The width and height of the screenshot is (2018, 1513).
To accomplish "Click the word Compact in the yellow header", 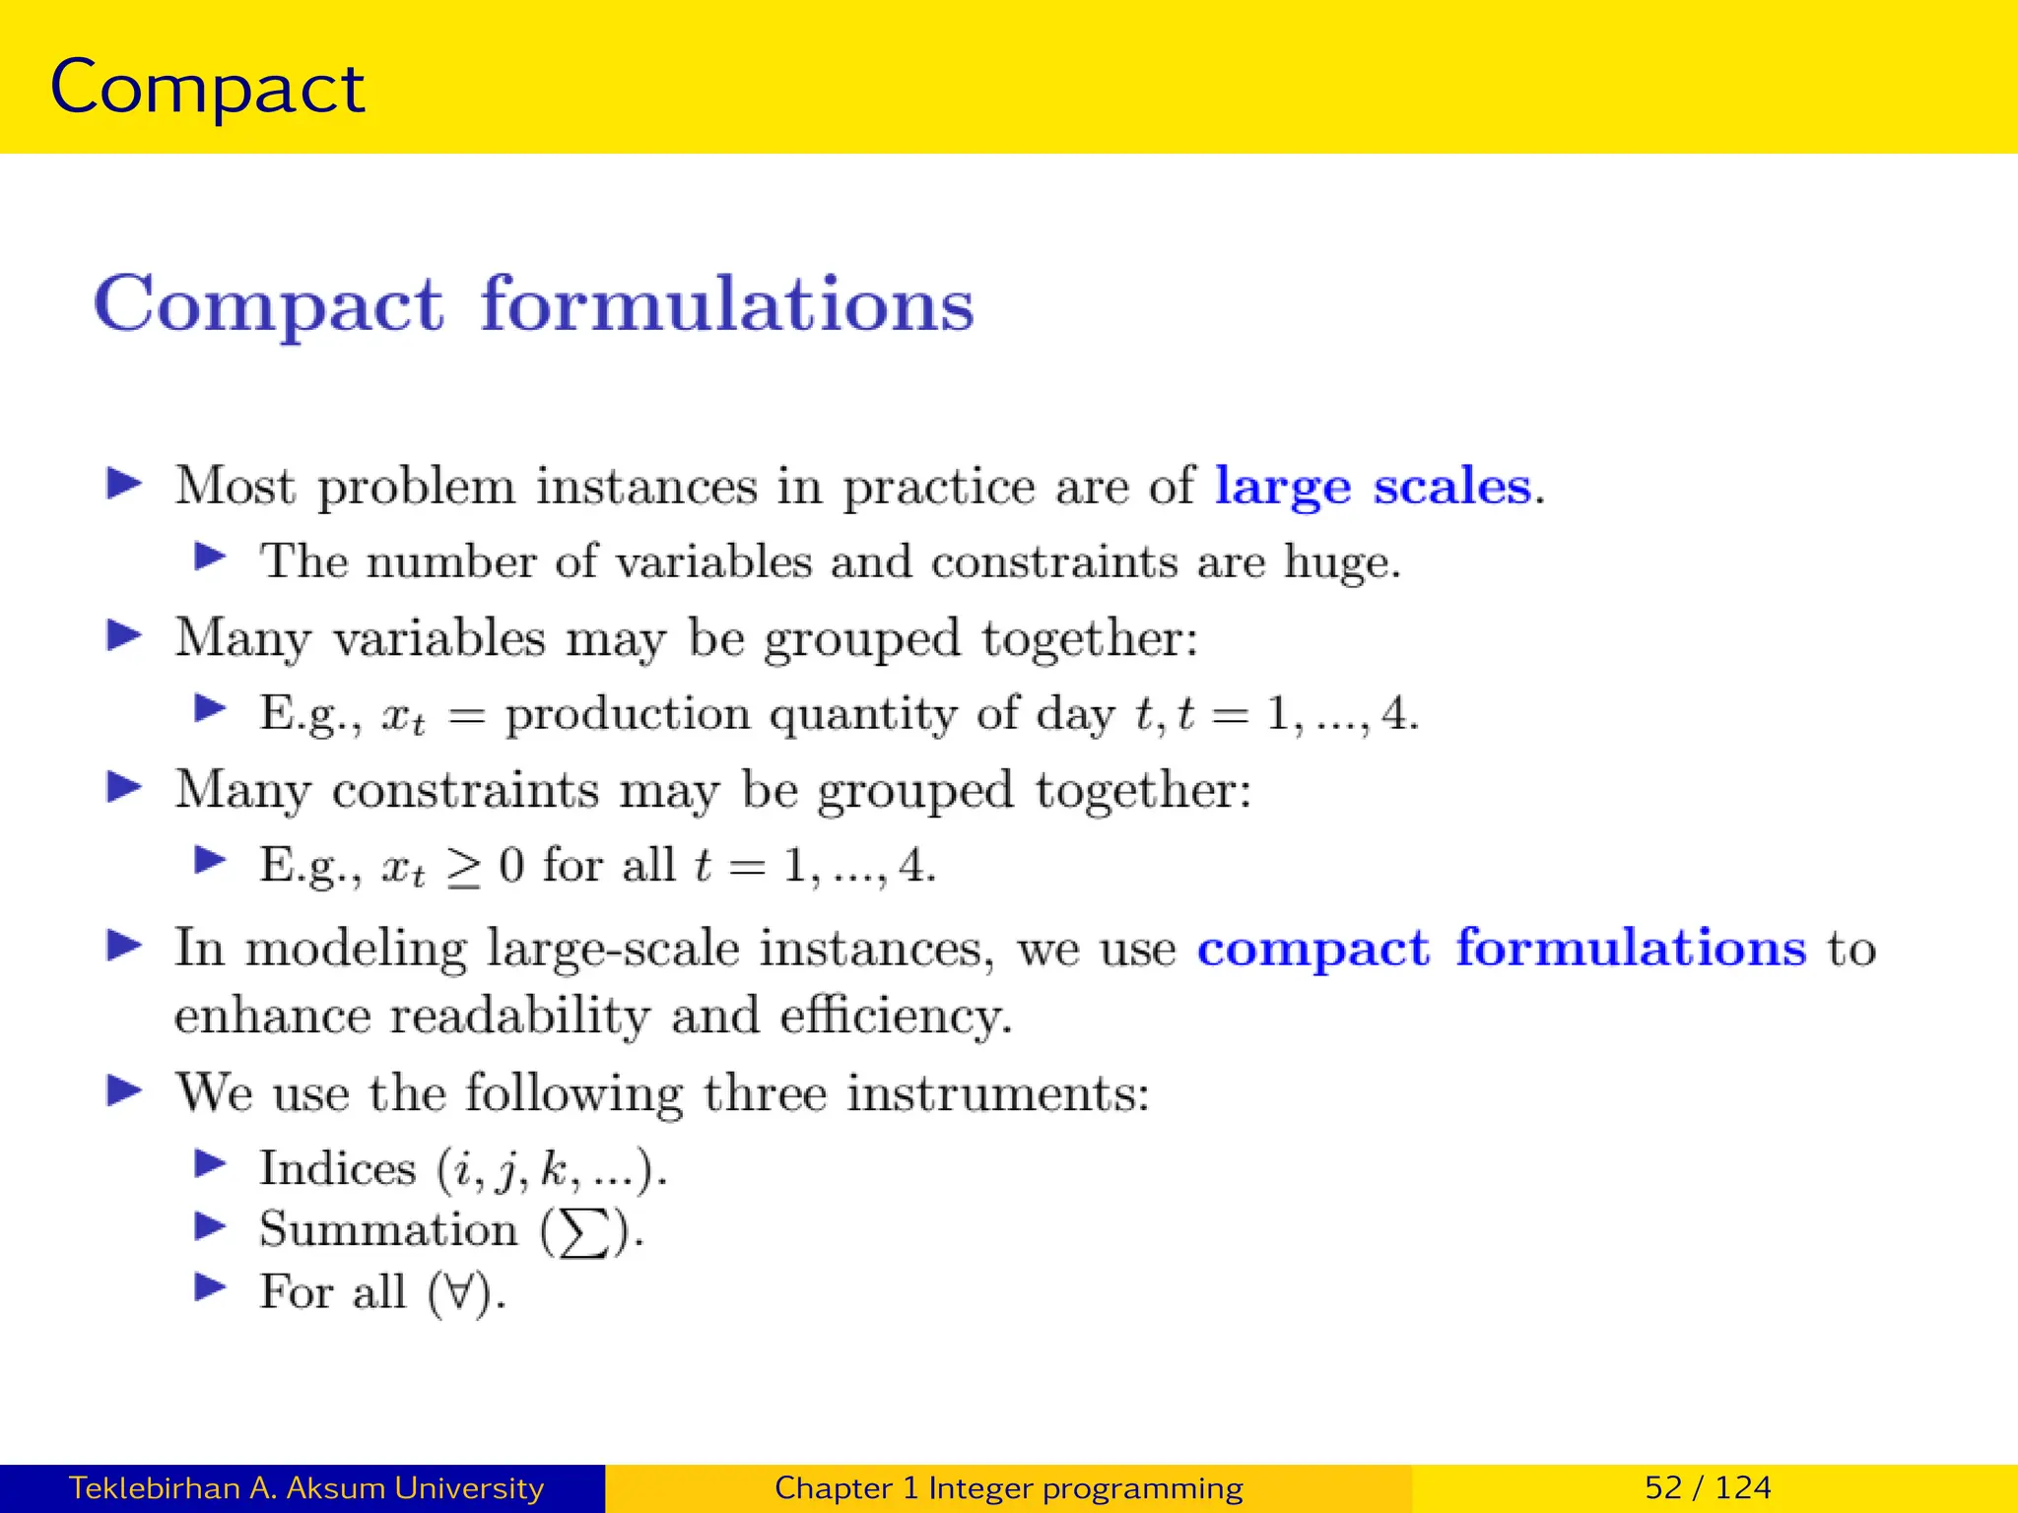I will pos(207,89).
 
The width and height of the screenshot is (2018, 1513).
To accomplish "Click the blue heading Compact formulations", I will pos(533,304).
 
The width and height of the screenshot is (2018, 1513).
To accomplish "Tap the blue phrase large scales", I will pos(1374,487).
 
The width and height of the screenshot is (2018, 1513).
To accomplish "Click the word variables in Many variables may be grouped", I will pos(438,638).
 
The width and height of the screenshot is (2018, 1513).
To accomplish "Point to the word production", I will pos(627,714).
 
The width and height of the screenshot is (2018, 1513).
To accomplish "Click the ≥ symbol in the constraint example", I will pos(463,868).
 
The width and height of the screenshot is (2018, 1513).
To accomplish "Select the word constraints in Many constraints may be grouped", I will pos(464,791).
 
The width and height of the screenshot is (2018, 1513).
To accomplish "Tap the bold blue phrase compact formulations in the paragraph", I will pos(1501,949).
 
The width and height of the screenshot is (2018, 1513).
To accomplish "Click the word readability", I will pos(519,1016).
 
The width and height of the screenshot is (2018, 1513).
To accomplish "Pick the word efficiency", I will pos(894,1016).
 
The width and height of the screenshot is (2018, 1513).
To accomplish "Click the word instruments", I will pos(997,1093).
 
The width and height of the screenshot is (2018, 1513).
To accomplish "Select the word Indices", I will pos(337,1169).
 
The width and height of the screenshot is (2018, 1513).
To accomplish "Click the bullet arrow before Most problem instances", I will pos(124,484).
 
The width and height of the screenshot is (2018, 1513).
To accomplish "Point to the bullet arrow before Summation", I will pos(210,1226).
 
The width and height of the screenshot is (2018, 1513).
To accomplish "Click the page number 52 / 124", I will pos(1707,1487).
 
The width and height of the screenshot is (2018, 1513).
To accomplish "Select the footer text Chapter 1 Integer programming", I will pos(1008,1487).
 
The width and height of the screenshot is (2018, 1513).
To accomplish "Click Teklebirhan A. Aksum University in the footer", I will pos(305,1487).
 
